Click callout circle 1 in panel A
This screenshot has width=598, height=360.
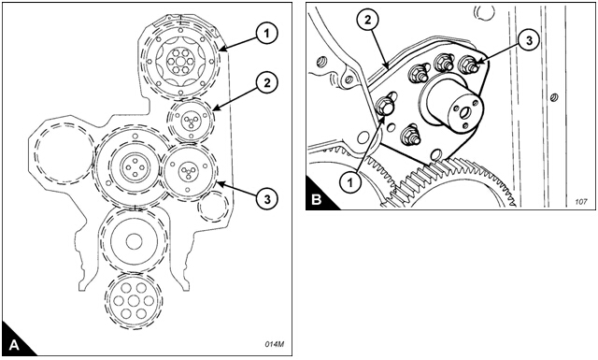267,34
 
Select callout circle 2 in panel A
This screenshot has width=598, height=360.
267,82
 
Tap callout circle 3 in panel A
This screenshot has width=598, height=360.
267,198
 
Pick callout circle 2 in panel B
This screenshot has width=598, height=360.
367,20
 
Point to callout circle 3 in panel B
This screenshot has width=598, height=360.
529,40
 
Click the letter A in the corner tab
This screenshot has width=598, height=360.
14,345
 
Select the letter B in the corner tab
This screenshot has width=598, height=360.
317,200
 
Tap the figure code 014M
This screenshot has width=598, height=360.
274,344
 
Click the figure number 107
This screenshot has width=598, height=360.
581,202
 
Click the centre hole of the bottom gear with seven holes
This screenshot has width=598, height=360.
134,301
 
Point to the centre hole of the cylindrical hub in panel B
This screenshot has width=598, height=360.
465,112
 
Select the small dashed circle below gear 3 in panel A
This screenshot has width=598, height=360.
213,207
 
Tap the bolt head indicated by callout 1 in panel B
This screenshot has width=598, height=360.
384,105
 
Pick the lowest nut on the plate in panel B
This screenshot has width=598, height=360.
410,136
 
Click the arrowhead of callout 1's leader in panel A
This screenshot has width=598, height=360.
223,49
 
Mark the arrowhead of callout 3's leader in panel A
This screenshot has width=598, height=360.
220,183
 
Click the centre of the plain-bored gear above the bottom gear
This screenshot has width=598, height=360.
134,241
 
